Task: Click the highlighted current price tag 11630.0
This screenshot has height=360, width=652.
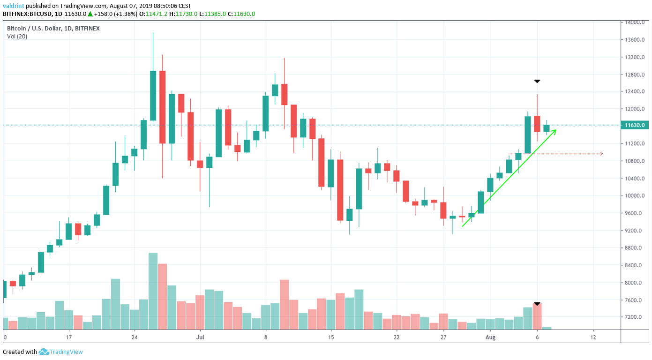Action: coord(634,125)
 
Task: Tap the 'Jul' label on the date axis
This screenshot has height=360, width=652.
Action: coord(200,337)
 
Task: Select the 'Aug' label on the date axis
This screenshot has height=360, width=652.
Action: coord(490,337)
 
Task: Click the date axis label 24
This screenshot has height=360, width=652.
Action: coord(135,337)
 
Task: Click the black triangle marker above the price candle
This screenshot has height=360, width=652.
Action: coord(537,82)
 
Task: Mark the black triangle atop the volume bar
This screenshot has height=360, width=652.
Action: coord(537,304)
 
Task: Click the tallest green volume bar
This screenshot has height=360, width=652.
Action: coord(153,291)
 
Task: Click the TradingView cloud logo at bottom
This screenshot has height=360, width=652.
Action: coord(44,352)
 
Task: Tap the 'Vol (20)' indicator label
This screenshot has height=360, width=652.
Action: coord(17,37)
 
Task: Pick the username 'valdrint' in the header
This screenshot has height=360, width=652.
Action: coord(15,6)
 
